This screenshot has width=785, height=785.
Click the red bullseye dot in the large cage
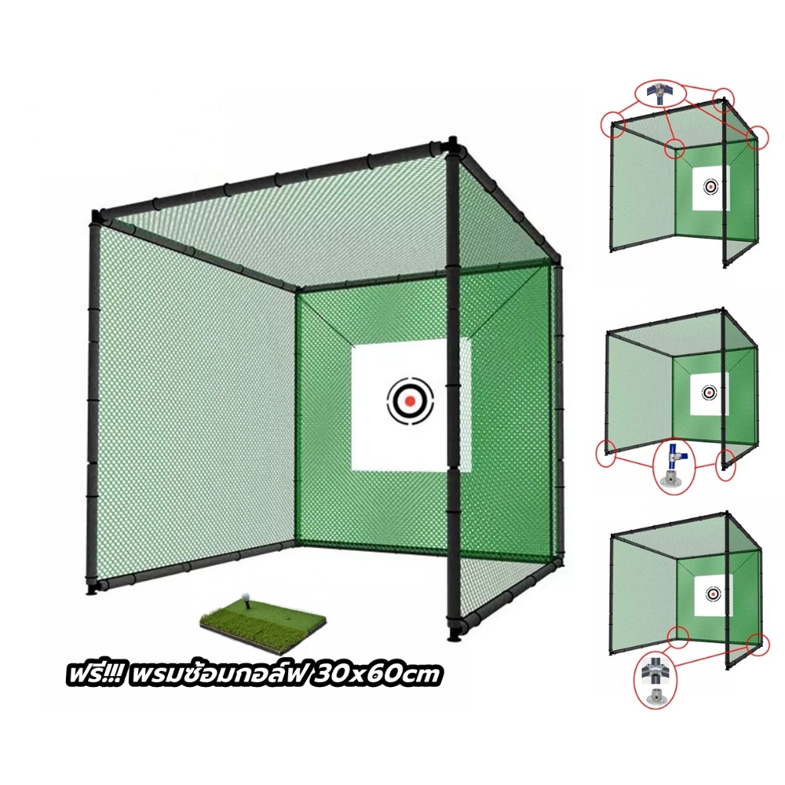tap(410, 400)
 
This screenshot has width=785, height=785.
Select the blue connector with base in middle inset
tap(674, 464)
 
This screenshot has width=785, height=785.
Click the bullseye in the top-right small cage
tap(710, 187)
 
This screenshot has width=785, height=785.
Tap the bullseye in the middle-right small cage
tap(708, 392)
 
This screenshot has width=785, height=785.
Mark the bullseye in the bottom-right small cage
tap(713, 594)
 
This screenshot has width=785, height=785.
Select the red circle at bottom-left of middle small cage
tap(606, 454)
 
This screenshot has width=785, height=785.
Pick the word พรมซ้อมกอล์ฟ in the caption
tap(215, 675)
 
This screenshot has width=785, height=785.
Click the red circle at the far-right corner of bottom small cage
tap(757, 644)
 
